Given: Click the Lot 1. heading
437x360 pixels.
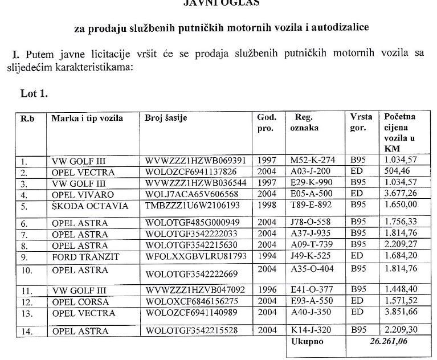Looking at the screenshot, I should coord(34,94).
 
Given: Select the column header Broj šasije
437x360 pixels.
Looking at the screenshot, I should coord(166,118).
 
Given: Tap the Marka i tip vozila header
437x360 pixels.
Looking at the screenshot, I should coord(87,118).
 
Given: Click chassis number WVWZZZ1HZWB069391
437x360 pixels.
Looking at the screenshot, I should coord(195,161).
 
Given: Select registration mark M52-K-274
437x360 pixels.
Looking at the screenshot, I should coord(313,161).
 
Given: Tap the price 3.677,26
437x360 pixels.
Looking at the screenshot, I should coord(401,193).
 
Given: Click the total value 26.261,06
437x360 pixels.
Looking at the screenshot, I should coord(391,342).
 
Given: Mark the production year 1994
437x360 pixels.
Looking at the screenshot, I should coord(267,257).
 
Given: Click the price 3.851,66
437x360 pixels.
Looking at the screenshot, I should coord(401,313).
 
